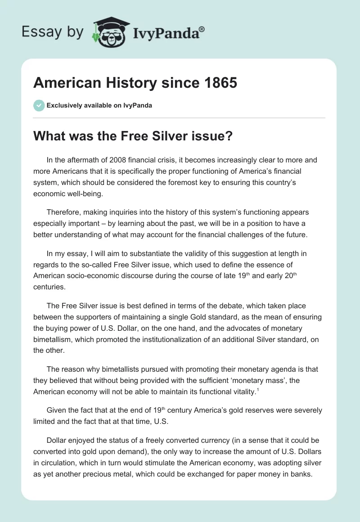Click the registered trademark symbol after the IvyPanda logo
pyautogui.click(x=202, y=29)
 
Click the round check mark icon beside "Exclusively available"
pyautogui.click(x=39, y=105)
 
